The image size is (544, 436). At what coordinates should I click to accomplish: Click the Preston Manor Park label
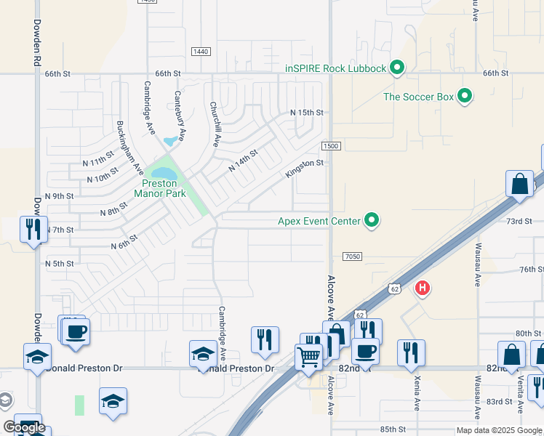159,189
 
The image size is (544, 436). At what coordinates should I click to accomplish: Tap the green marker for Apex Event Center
372,219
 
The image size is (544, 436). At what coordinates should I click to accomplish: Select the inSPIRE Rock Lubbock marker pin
396,68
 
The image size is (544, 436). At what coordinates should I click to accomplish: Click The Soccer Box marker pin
465,96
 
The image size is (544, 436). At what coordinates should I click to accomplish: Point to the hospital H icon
422,288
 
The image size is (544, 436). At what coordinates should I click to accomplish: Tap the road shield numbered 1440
201,52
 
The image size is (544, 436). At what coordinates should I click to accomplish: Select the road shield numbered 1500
331,146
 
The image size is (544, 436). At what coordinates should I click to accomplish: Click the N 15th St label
306,113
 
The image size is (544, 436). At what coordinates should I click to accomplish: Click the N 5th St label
60,263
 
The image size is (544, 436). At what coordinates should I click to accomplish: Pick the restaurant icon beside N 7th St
33,230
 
